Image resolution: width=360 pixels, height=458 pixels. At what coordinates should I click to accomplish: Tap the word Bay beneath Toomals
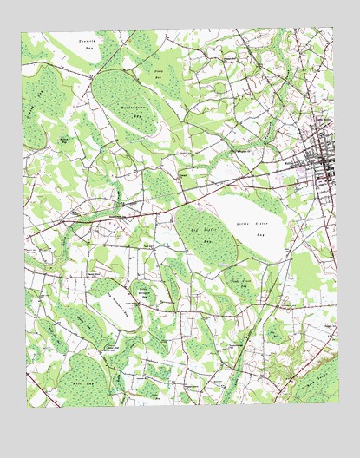click(88, 49)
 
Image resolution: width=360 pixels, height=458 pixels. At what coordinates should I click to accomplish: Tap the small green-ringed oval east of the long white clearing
click(144, 295)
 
